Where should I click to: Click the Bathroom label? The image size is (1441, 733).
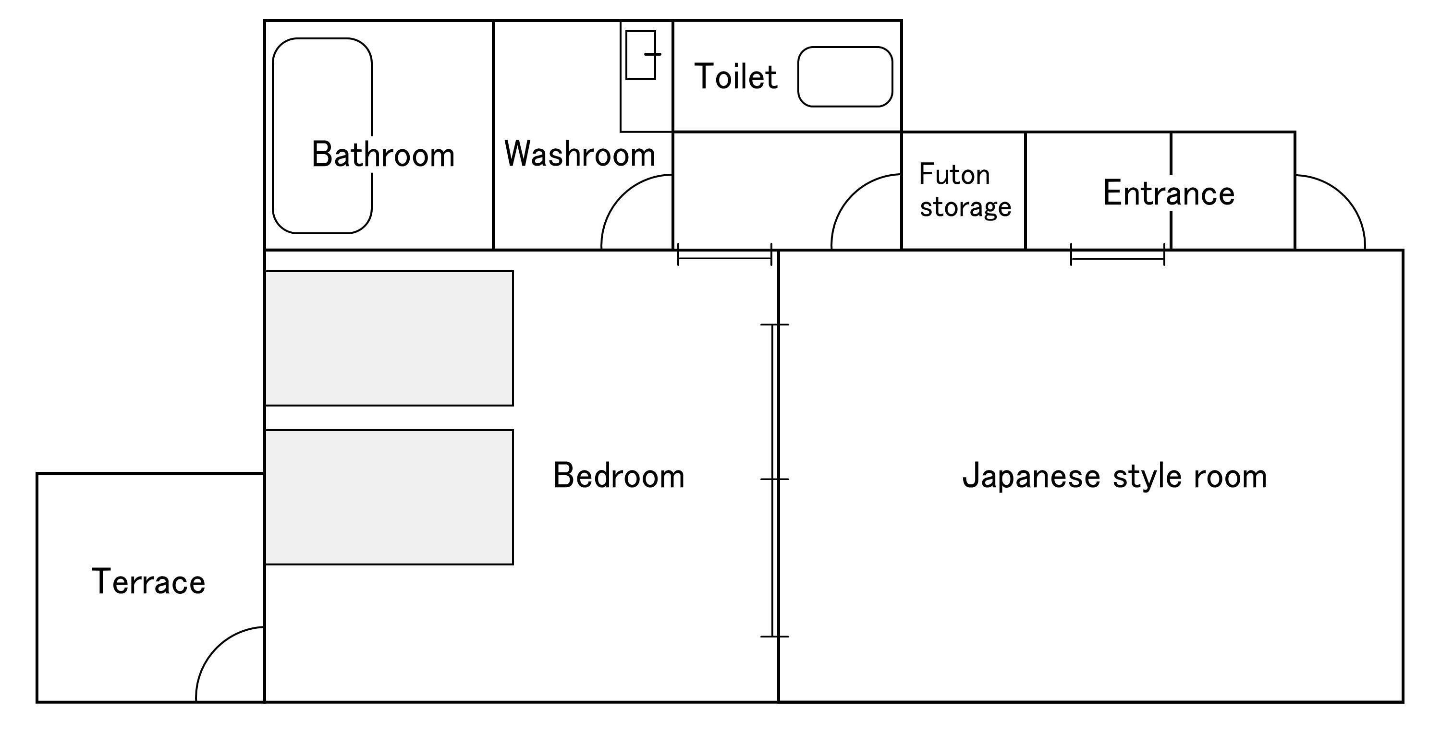(383, 155)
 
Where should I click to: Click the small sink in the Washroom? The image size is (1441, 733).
(640, 55)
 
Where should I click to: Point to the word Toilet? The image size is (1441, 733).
(735, 77)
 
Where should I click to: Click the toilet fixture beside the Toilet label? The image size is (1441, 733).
(845, 77)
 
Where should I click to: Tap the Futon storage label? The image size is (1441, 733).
(965, 191)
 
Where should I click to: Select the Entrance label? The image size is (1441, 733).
(1169, 193)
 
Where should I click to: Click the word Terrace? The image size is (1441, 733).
(149, 582)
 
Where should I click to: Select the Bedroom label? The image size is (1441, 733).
(619, 476)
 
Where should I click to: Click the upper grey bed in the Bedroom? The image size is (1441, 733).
(389, 338)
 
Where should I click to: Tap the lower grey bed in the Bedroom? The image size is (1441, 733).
(389, 497)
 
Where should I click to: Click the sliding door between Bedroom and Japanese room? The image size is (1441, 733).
(775, 481)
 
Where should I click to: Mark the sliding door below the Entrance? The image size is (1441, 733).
(1118, 258)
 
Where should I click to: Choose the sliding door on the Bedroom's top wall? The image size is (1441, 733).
(724, 258)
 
